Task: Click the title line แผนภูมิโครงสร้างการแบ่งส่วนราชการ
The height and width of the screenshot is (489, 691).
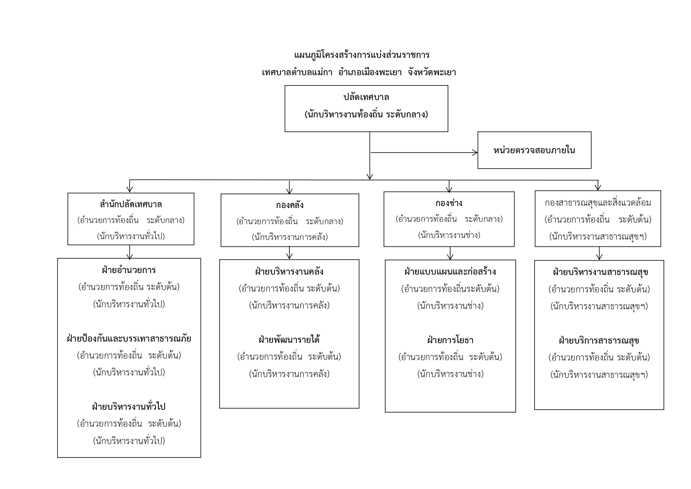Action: [362, 54]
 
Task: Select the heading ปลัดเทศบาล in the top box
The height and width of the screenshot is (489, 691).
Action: [366, 97]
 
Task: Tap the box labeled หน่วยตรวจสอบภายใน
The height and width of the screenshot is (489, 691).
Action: [534, 150]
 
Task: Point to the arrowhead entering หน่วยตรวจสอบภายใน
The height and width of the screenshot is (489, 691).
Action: [475, 152]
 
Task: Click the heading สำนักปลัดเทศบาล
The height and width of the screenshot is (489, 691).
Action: [131, 204]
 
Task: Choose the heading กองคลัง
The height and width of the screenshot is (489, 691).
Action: [290, 205]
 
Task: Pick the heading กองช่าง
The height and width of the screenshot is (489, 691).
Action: [449, 203]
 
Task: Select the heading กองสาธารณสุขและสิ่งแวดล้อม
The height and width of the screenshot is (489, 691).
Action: [598, 203]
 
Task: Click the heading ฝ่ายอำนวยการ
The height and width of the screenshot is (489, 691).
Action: [129, 270]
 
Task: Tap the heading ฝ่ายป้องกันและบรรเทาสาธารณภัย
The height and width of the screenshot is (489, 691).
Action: [129, 338]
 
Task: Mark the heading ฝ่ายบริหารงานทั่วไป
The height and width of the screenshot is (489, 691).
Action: [129, 406]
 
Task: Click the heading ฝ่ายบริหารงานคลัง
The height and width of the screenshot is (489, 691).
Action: [289, 271]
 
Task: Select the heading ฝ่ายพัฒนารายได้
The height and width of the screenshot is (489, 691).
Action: [289, 340]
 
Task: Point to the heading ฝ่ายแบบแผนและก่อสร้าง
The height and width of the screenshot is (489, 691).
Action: [450, 271]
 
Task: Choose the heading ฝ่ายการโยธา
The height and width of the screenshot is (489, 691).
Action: [450, 340]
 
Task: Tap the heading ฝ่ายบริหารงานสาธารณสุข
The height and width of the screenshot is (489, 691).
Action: [599, 272]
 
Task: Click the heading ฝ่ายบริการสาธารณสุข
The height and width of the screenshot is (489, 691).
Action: [599, 340]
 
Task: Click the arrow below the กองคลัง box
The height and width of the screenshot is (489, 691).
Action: [290, 253]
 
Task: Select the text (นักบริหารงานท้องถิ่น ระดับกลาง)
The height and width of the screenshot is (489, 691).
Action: [366, 115]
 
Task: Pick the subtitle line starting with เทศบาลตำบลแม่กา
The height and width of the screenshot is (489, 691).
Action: [359, 72]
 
